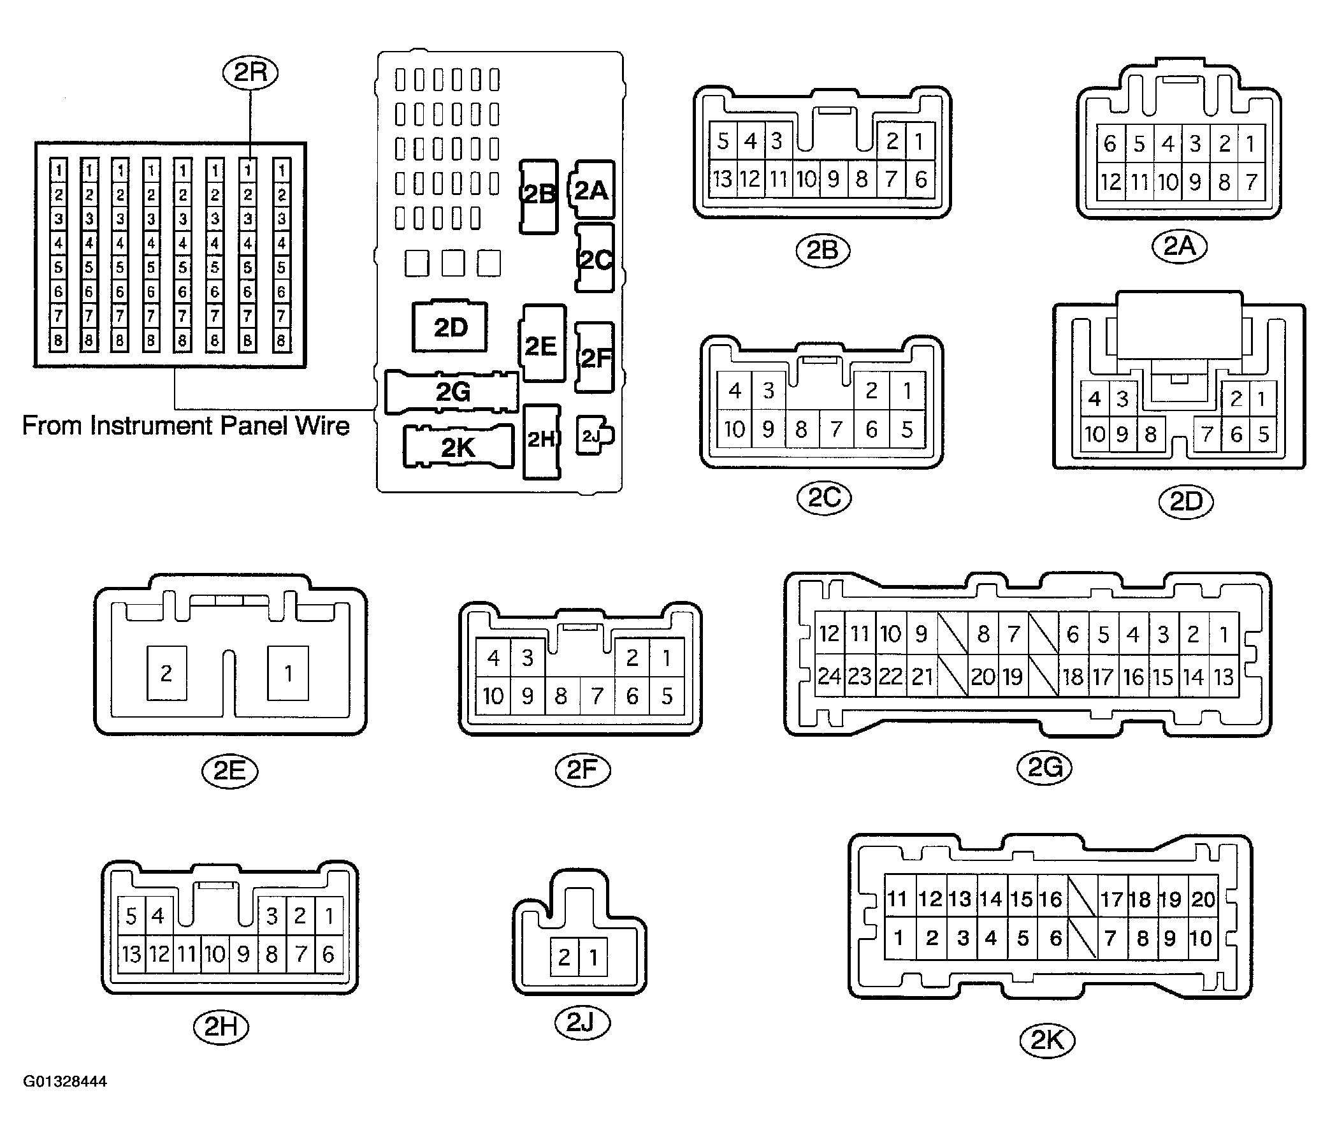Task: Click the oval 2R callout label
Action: pos(250,73)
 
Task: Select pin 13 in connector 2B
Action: pos(722,178)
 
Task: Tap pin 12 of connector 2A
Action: pos(1111,182)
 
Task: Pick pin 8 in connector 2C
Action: pos(802,429)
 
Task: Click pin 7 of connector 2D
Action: pos(1207,435)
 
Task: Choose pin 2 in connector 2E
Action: pos(167,673)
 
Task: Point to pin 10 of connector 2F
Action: pos(493,696)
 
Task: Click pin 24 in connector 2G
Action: pos(829,676)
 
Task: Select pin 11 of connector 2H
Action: pos(187,954)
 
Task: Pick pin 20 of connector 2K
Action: pos(1203,899)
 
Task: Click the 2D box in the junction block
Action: pos(449,327)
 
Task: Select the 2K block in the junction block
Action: pos(458,447)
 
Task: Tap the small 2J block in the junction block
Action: pos(595,436)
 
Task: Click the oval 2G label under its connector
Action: pos(1045,767)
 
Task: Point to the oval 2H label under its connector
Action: pos(221,1027)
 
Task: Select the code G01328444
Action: pos(65,1081)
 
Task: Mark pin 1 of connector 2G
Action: pos(1224,633)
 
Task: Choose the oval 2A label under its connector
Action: pos(1180,246)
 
